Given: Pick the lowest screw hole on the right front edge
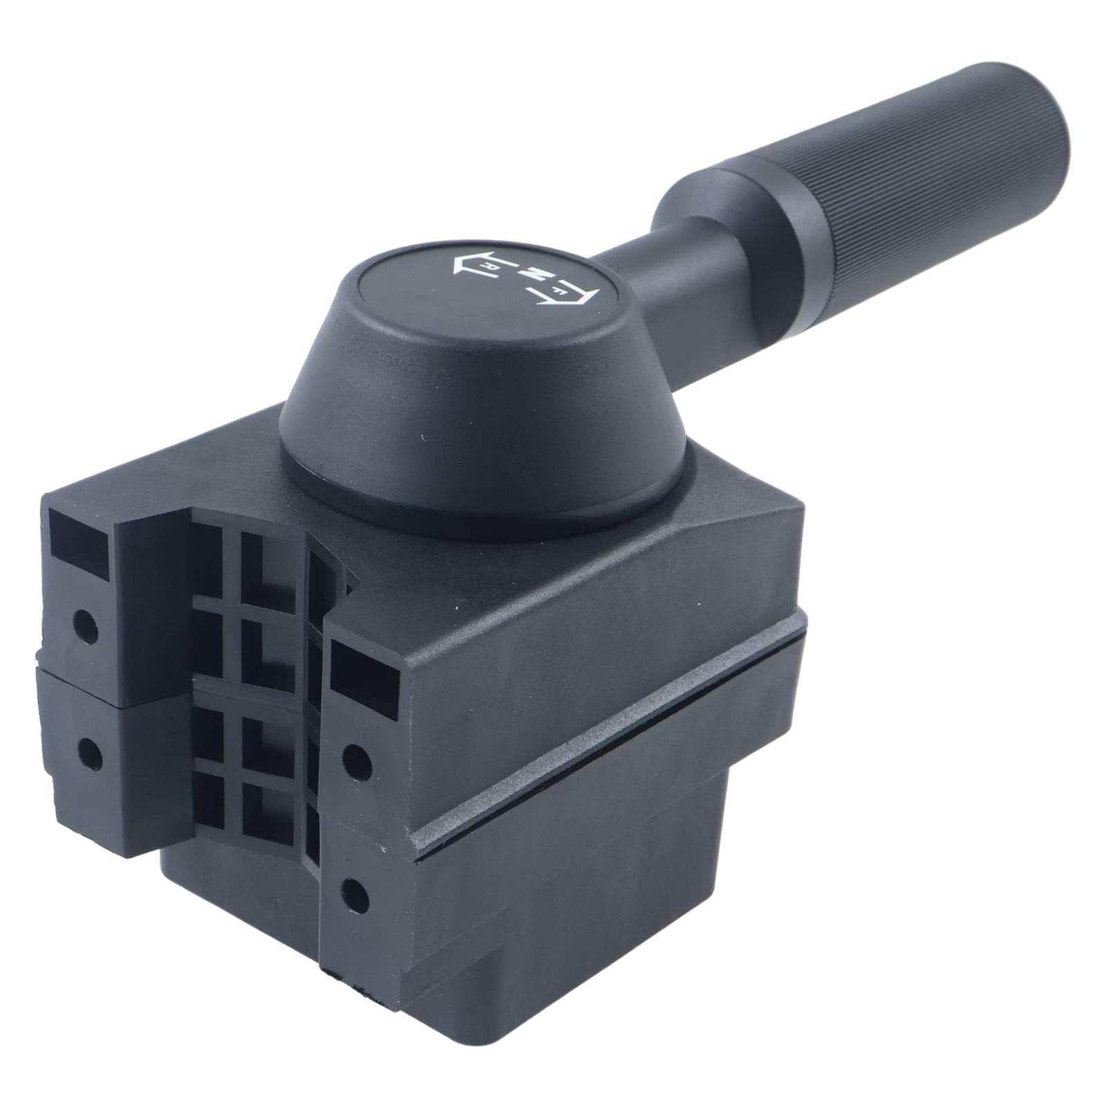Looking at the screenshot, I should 354,888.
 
